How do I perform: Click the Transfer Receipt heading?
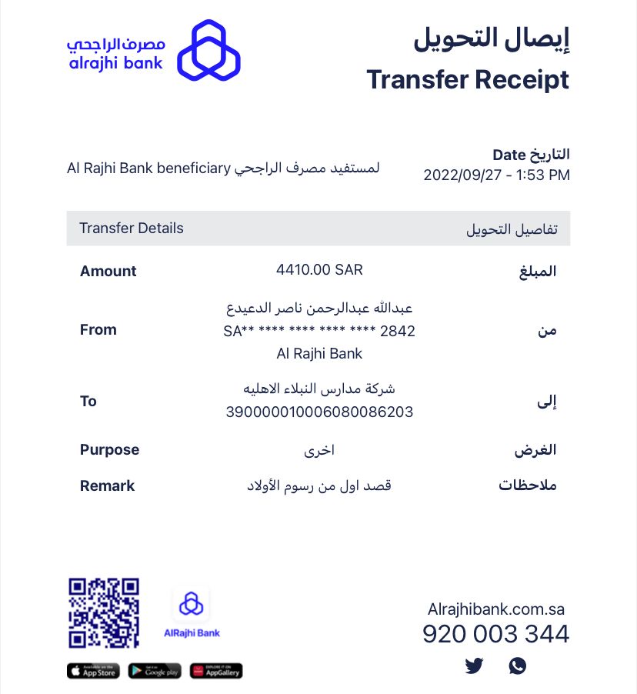coord(468,79)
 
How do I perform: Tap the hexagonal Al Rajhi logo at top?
coord(208,51)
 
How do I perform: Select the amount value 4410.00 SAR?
coord(319,270)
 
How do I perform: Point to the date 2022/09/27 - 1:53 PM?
coord(496,175)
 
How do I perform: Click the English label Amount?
coord(108,271)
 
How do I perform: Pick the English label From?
coord(98,329)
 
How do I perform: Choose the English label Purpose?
coord(109,449)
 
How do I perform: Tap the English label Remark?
coord(107,485)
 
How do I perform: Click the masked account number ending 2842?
coord(319,332)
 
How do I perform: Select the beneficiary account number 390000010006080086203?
coord(319,412)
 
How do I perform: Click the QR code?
coord(104,612)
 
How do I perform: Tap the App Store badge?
coord(93,671)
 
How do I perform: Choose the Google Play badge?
coord(155,671)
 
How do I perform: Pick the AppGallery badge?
coord(216,671)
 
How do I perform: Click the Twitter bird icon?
coord(474,666)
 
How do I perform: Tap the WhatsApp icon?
coord(518,666)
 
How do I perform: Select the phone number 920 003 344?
coord(495,634)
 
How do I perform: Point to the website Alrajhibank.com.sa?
coord(495,609)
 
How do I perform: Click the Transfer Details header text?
coord(132,229)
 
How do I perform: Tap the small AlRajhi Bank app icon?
coord(192,604)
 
